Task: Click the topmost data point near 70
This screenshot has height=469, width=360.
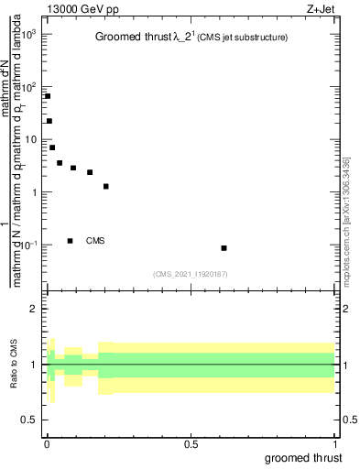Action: [47, 96]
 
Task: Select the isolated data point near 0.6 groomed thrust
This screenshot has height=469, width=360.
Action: [224, 248]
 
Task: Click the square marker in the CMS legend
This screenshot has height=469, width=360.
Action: [71, 241]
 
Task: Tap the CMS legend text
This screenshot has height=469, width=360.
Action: [95, 241]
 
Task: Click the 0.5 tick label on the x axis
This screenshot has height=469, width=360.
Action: [191, 443]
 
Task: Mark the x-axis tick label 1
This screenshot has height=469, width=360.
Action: [334, 443]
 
